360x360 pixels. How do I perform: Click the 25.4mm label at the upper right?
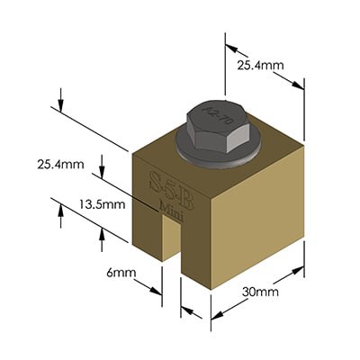[258, 65]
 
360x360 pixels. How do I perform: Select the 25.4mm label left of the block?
[59, 166]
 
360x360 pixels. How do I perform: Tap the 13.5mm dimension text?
[102, 204]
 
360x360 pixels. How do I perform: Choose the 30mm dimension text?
[262, 292]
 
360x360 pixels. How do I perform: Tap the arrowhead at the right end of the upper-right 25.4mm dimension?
[301, 85]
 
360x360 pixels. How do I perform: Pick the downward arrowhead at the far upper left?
[60, 106]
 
